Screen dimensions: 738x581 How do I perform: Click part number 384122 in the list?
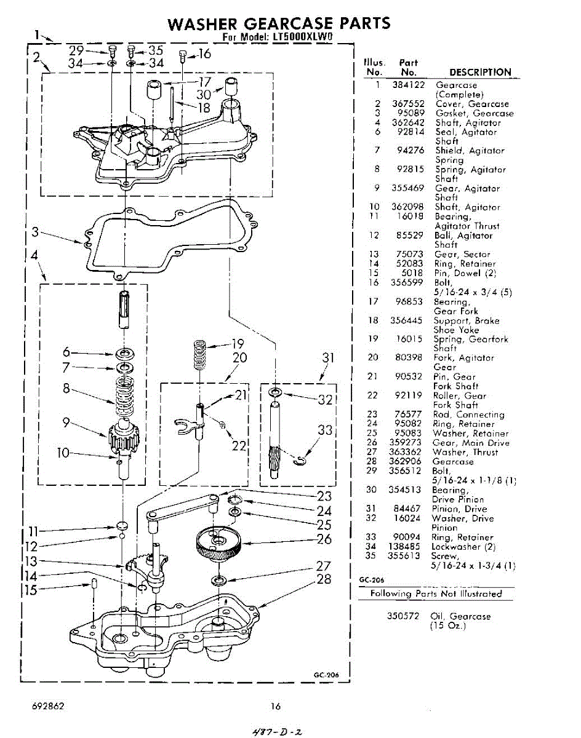(409, 85)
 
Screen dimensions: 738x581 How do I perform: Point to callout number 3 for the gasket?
(36, 232)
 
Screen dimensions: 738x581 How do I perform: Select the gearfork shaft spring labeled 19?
(199, 355)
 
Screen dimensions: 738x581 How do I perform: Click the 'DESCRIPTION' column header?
(480, 72)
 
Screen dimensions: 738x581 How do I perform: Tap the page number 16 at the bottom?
(276, 706)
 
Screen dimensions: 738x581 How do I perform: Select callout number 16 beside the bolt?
(204, 54)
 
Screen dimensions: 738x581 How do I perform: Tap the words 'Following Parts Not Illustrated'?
(436, 593)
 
